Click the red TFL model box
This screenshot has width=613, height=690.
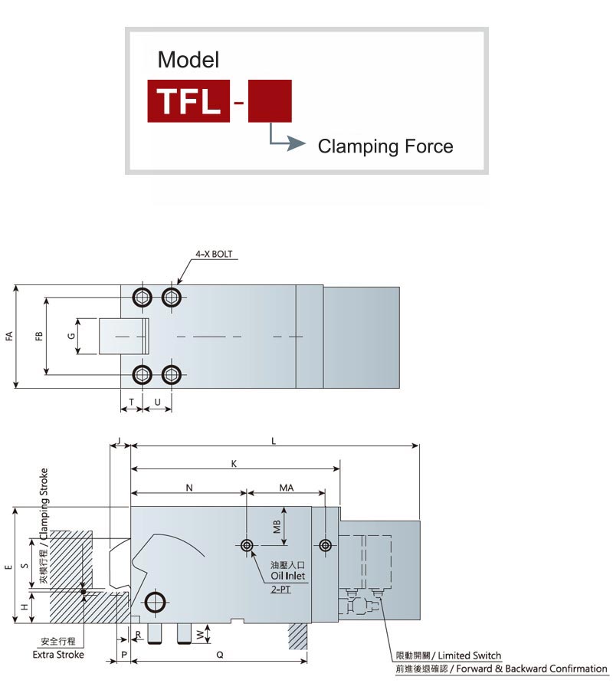pyautogui.click(x=188, y=100)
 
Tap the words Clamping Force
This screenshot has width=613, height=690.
pyautogui.click(x=385, y=146)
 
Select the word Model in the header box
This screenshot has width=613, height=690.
pyautogui.click(x=188, y=60)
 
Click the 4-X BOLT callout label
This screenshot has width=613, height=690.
pyautogui.click(x=214, y=254)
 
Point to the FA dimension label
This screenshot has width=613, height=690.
pyautogui.click(x=9, y=337)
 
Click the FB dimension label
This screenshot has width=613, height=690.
pyautogui.click(x=39, y=337)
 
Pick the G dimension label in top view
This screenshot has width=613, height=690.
pyautogui.click(x=71, y=337)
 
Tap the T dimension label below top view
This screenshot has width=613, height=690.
pyautogui.click(x=132, y=402)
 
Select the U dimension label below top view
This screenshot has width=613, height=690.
pyautogui.click(x=157, y=402)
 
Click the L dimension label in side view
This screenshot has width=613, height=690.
pyautogui.click(x=274, y=441)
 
